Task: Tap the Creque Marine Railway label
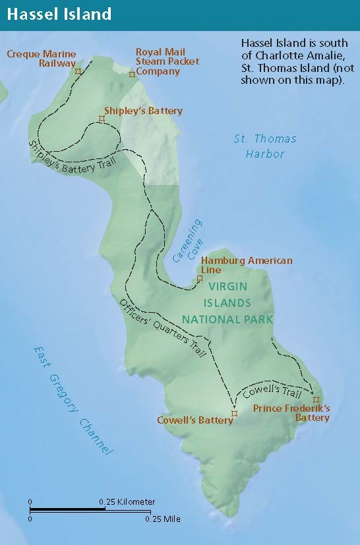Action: [41, 59]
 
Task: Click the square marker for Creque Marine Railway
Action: [78, 71]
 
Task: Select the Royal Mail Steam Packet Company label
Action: [160, 61]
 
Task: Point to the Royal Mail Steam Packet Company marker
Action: [132, 74]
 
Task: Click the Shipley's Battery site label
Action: [143, 111]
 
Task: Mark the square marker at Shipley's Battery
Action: [102, 119]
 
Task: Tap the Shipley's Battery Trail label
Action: [71, 159]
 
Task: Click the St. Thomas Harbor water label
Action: [265, 146]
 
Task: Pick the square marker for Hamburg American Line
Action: [200, 279]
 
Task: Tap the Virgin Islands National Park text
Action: [227, 303]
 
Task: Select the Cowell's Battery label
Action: [195, 420]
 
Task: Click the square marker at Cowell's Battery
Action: [233, 414]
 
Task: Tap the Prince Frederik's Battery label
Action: [291, 413]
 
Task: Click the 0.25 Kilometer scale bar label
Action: [127, 502]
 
